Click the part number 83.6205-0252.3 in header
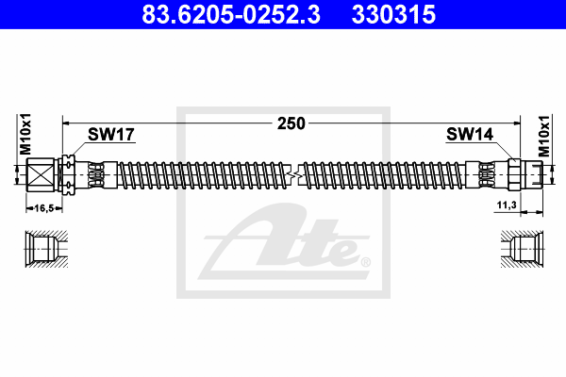click(x=231, y=14)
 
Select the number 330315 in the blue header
click(x=393, y=14)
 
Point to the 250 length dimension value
click(x=291, y=123)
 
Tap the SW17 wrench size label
click(x=111, y=134)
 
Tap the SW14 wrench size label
click(x=470, y=134)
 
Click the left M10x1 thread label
click(x=25, y=134)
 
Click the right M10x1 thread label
click(x=543, y=137)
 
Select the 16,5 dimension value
click(x=44, y=208)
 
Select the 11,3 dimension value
click(x=507, y=205)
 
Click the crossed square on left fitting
click(x=40, y=175)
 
